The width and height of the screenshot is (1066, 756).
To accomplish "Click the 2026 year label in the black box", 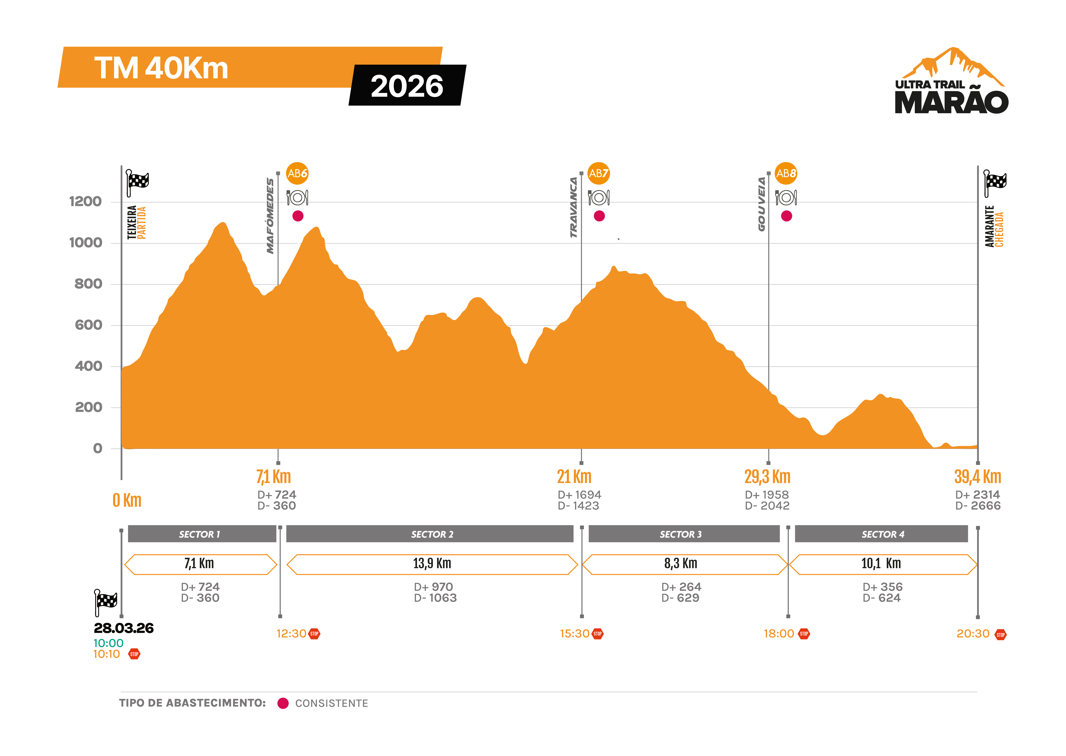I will (x=407, y=86).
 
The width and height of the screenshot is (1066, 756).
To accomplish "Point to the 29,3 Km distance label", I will (x=767, y=477).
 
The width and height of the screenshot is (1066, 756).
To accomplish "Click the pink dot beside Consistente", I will (x=283, y=703).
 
